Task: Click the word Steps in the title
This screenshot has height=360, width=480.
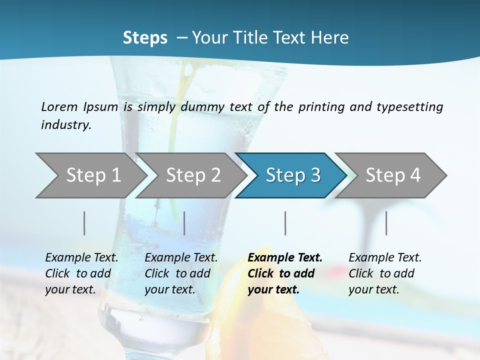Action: [145, 37]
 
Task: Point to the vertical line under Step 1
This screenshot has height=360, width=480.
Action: [84, 223]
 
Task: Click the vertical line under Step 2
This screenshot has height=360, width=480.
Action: [184, 223]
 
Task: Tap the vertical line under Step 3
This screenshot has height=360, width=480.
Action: [285, 223]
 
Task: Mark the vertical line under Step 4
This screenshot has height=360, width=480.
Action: [386, 223]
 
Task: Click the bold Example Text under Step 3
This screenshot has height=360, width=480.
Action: [285, 273]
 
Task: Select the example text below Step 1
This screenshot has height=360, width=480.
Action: [81, 273]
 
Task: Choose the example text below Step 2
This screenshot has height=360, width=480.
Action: [181, 273]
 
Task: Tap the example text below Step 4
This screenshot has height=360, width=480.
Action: [385, 273]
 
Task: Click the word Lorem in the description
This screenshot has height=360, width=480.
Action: [59, 106]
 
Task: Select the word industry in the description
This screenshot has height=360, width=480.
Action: [65, 124]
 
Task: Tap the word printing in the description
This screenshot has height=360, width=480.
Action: [320, 107]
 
